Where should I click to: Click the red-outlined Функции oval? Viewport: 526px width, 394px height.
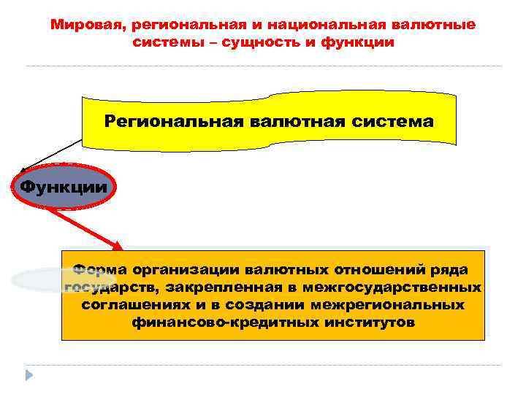pos(64,187)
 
